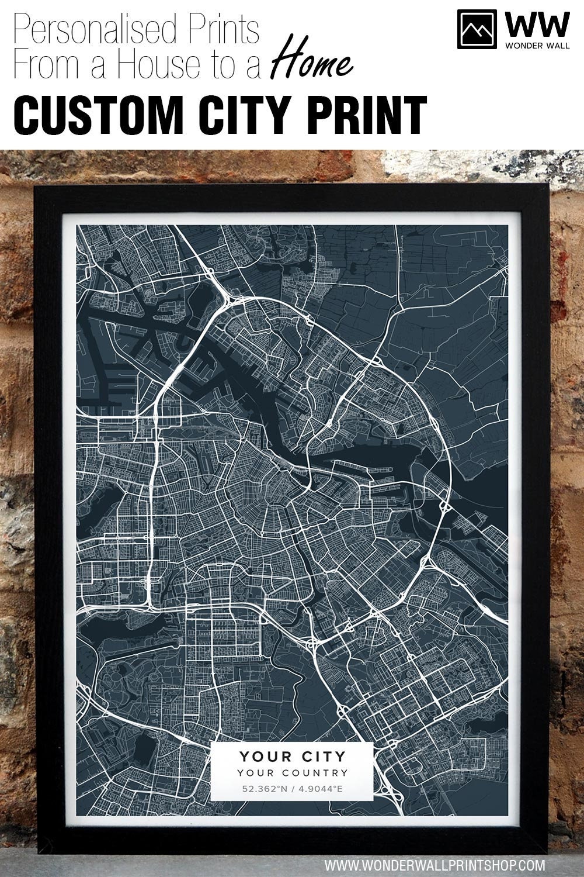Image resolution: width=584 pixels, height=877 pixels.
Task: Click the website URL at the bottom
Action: click(x=435, y=864)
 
